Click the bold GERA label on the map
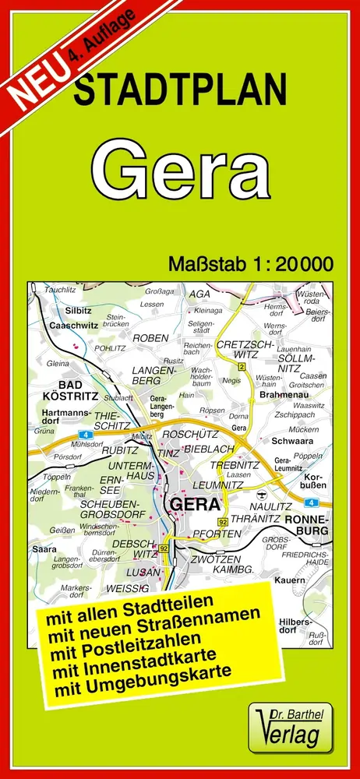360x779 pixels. point(195,503)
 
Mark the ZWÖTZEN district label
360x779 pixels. point(205,559)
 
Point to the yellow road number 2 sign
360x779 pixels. point(242,367)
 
